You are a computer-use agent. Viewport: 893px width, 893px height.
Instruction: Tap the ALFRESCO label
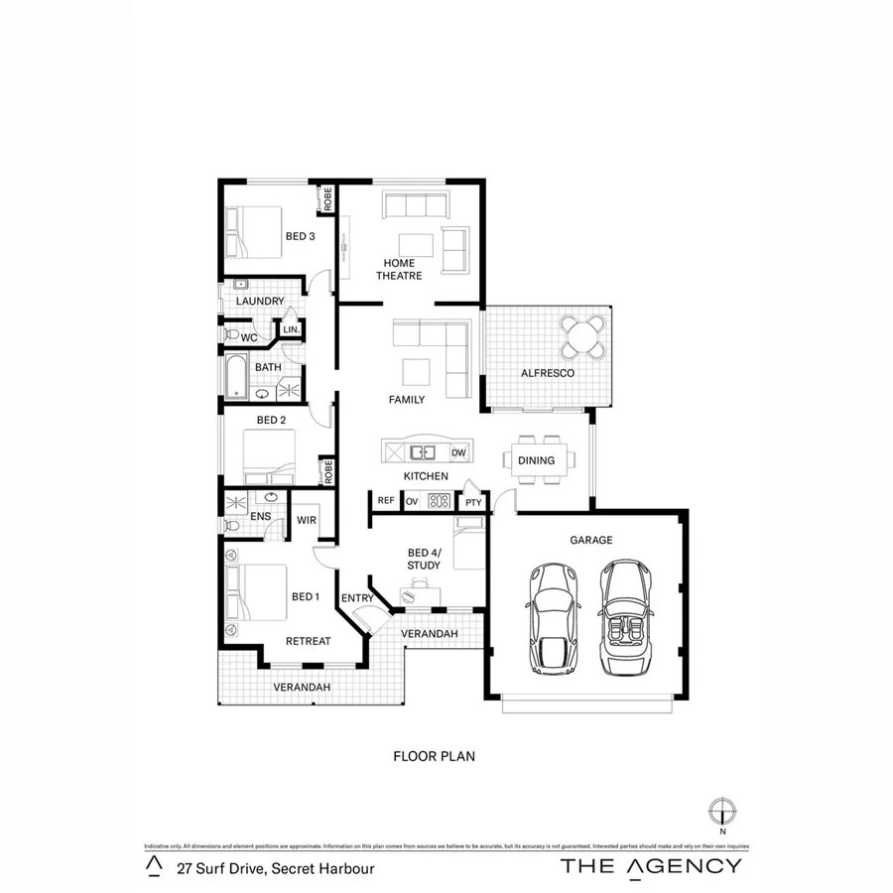pyautogui.click(x=549, y=373)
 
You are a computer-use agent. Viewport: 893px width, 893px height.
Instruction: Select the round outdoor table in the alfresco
pyautogui.click(x=583, y=336)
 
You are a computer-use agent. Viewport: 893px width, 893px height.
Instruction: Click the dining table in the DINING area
pyautogui.click(x=537, y=460)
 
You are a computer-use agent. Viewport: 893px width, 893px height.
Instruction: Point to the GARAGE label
pyautogui.click(x=590, y=541)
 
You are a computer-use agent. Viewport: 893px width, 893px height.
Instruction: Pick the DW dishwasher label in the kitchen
pyautogui.click(x=458, y=452)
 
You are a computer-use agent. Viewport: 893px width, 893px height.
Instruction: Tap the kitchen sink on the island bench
pyautogui.click(x=424, y=452)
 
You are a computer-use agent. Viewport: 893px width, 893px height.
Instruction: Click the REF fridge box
pyautogui.click(x=386, y=502)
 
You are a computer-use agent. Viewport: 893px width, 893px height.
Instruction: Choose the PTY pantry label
pyautogui.click(x=473, y=503)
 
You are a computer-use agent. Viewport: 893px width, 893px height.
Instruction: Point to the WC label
pyautogui.click(x=249, y=338)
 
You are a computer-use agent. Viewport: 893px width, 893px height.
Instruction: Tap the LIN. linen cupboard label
pyautogui.click(x=291, y=329)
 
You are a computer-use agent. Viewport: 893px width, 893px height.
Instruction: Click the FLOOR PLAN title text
pyautogui.click(x=435, y=756)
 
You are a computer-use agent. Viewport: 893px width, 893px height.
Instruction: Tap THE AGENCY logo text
pyautogui.click(x=650, y=865)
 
